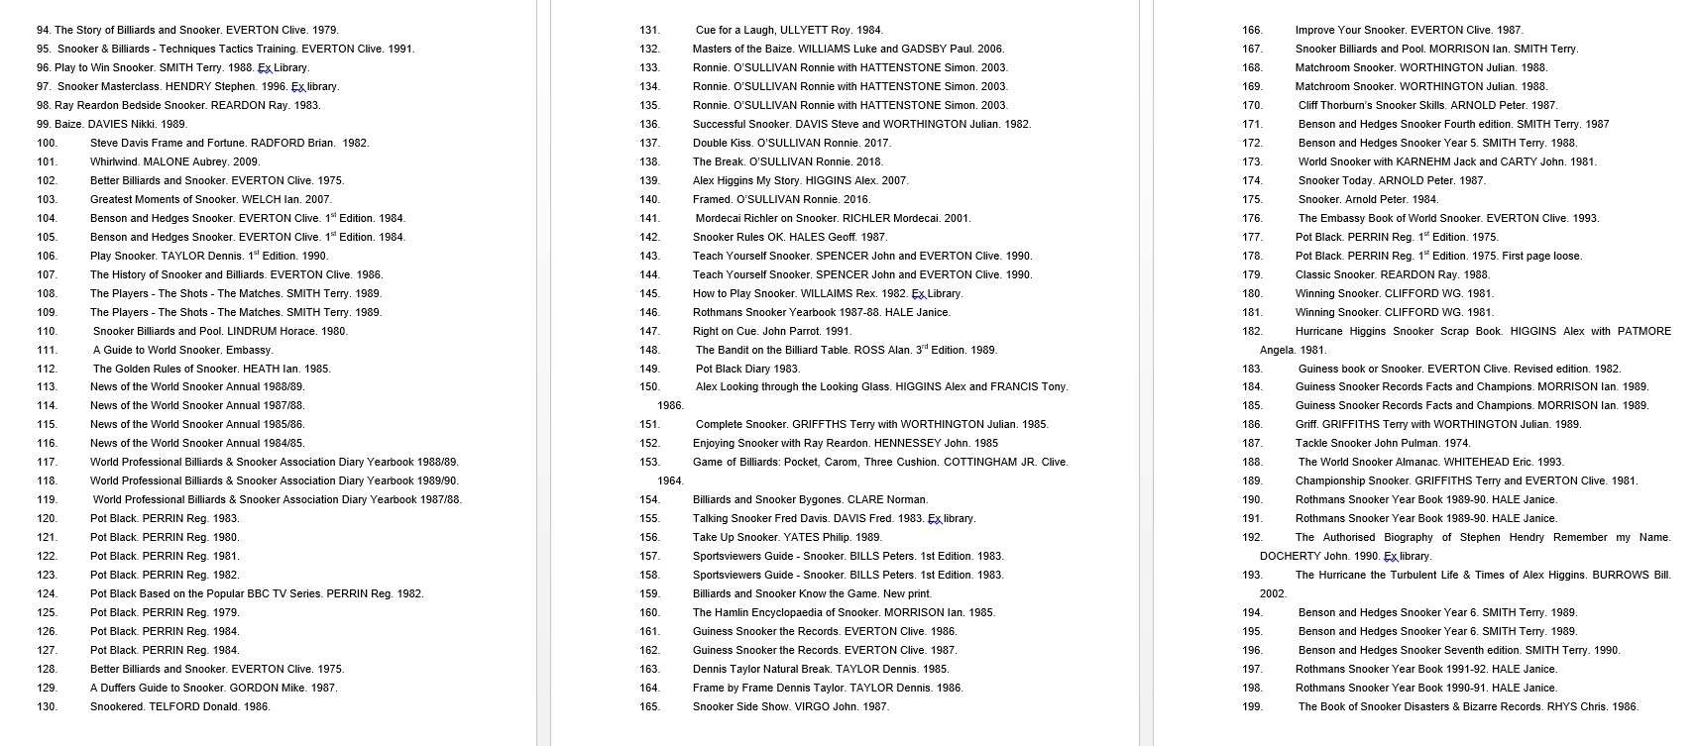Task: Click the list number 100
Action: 47,143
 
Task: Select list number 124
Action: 47,593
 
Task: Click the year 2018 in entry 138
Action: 869,161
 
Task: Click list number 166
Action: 1252,30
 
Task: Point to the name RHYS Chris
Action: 1580,706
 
